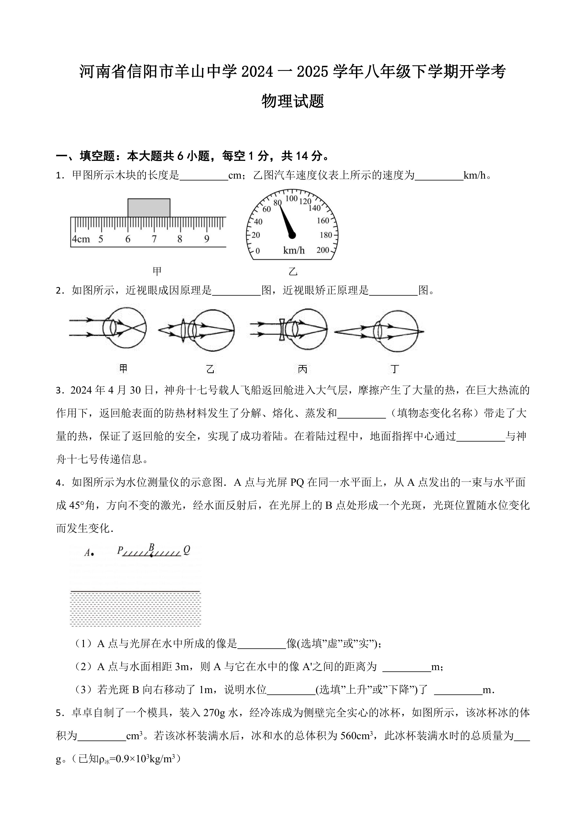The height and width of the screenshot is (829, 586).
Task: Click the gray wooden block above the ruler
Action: (149, 208)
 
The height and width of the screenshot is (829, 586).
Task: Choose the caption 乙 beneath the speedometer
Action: (293, 271)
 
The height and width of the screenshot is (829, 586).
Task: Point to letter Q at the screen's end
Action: (187, 550)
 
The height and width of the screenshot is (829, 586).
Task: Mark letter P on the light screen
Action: (120, 550)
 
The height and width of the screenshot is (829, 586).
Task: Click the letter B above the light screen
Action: (152, 548)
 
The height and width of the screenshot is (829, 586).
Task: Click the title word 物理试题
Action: (293, 101)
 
